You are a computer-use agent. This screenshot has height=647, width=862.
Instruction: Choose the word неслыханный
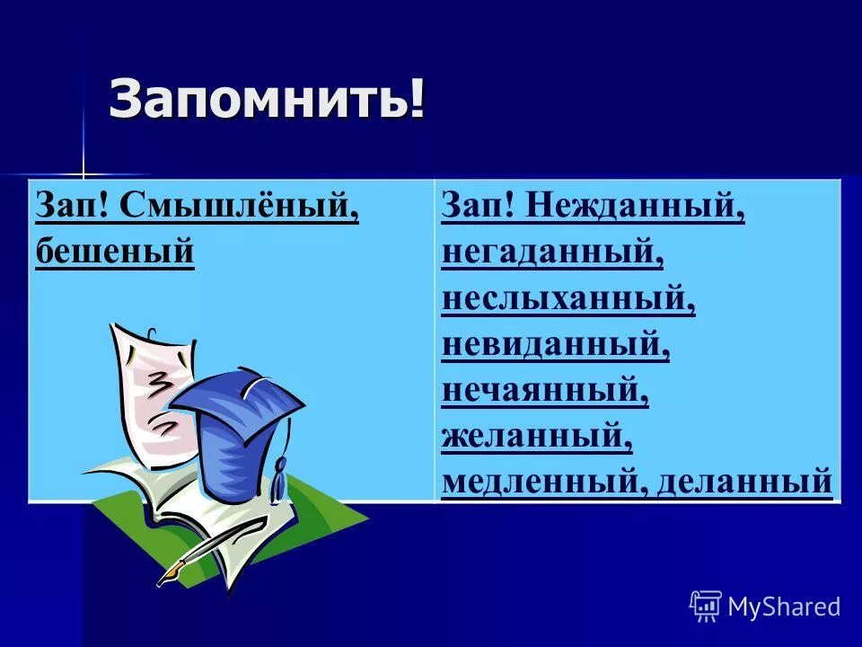coord(567,299)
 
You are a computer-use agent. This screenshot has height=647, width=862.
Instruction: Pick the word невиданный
coord(555,345)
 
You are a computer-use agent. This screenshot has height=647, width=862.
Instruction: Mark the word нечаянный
coord(544,391)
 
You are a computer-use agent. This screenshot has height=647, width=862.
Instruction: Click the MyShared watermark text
coord(784,607)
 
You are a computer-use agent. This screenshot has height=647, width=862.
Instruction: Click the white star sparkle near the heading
coord(83,173)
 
